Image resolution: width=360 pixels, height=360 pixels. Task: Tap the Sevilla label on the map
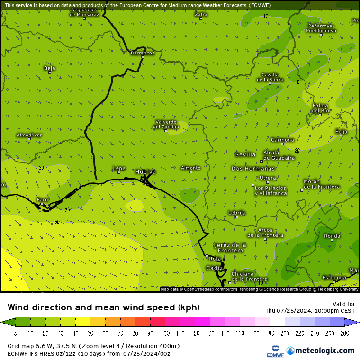(x=245, y=154)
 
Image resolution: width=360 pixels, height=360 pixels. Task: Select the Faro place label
(x=43, y=200)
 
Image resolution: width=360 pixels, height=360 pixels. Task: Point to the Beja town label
(x=49, y=68)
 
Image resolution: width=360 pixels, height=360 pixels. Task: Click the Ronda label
(x=332, y=236)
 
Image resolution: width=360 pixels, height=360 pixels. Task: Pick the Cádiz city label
(x=214, y=268)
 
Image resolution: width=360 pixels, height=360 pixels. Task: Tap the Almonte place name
(x=190, y=168)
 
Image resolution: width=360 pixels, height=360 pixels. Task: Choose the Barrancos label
(x=142, y=53)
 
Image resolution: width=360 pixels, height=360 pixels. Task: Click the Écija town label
(x=341, y=131)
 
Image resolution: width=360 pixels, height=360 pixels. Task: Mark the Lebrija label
(x=237, y=213)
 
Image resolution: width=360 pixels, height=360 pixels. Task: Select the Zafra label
(x=201, y=14)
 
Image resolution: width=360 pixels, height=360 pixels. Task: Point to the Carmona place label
(x=282, y=140)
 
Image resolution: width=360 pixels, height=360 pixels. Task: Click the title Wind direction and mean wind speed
(x=103, y=307)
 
